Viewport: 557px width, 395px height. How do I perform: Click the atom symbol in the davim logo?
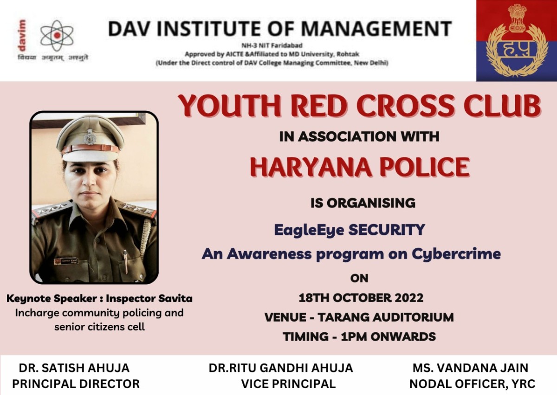(x=57, y=35)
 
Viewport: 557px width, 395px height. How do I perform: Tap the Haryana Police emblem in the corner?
(x=517, y=40)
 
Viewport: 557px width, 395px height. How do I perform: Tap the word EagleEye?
(x=309, y=230)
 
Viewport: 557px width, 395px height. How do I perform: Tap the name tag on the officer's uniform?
(x=66, y=261)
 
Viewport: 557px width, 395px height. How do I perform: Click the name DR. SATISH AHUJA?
(x=74, y=368)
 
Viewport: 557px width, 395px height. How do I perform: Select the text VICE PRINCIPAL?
(x=289, y=384)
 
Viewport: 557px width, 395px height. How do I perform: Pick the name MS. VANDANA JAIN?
(x=471, y=368)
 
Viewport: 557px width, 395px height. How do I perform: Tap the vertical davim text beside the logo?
(x=22, y=35)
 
